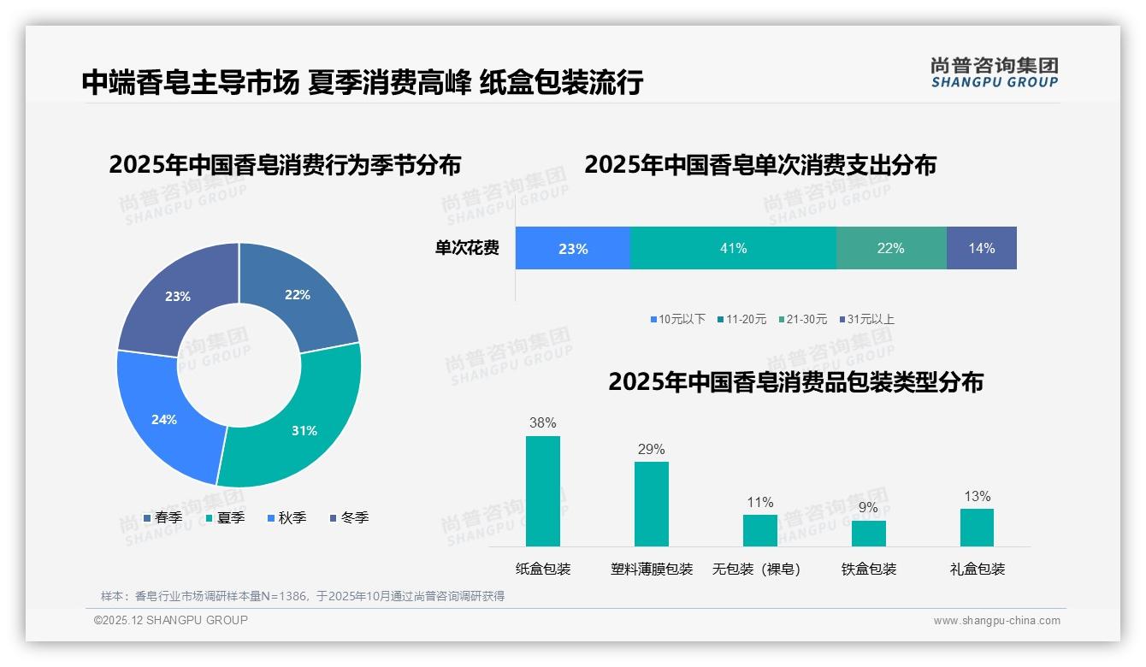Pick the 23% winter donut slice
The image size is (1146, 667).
tap(175, 295)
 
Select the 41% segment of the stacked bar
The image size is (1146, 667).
tap(733, 248)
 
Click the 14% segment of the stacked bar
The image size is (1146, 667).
tap(981, 248)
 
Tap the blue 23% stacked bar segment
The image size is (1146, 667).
tap(572, 248)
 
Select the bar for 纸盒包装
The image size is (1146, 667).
tap(542, 491)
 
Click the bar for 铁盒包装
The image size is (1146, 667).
tap(868, 533)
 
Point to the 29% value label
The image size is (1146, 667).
tap(651, 450)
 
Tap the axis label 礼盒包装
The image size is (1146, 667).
tap(977, 569)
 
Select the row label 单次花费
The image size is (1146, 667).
tap(467, 248)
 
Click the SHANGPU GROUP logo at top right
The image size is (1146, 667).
tap(994, 73)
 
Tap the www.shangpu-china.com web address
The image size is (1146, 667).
tap(996, 621)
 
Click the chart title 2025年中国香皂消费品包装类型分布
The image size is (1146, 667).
tap(795, 382)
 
